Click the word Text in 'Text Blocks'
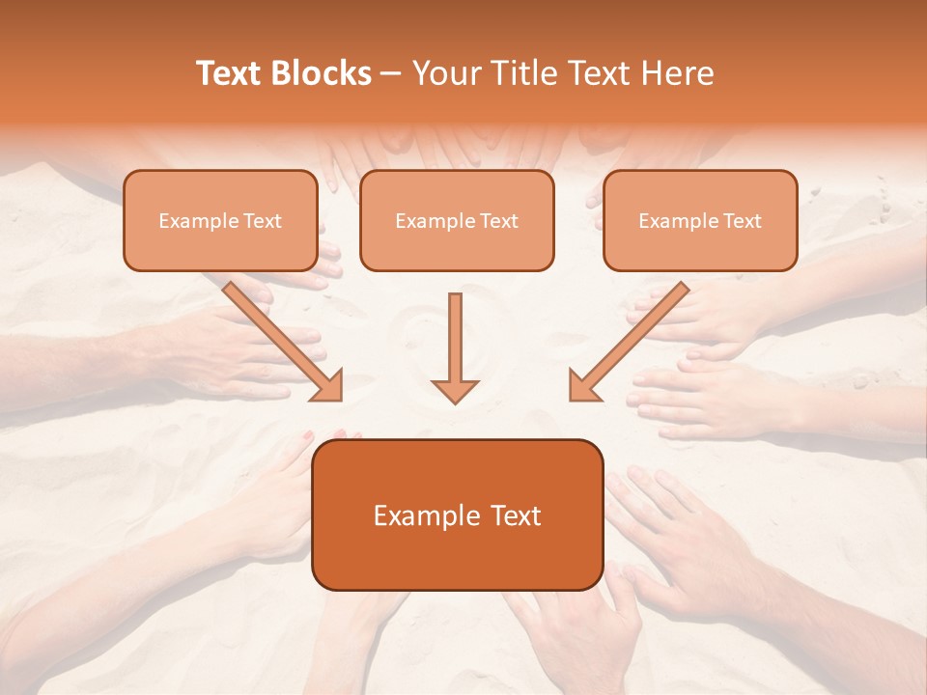pyautogui.click(x=229, y=73)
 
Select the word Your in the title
pyautogui.click(x=443, y=73)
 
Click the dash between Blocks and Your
pyautogui.click(x=391, y=74)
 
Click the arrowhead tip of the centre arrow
pyautogui.click(x=455, y=399)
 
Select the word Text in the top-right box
pyautogui.click(x=743, y=221)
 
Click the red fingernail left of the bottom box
pyautogui.click(x=308, y=436)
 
